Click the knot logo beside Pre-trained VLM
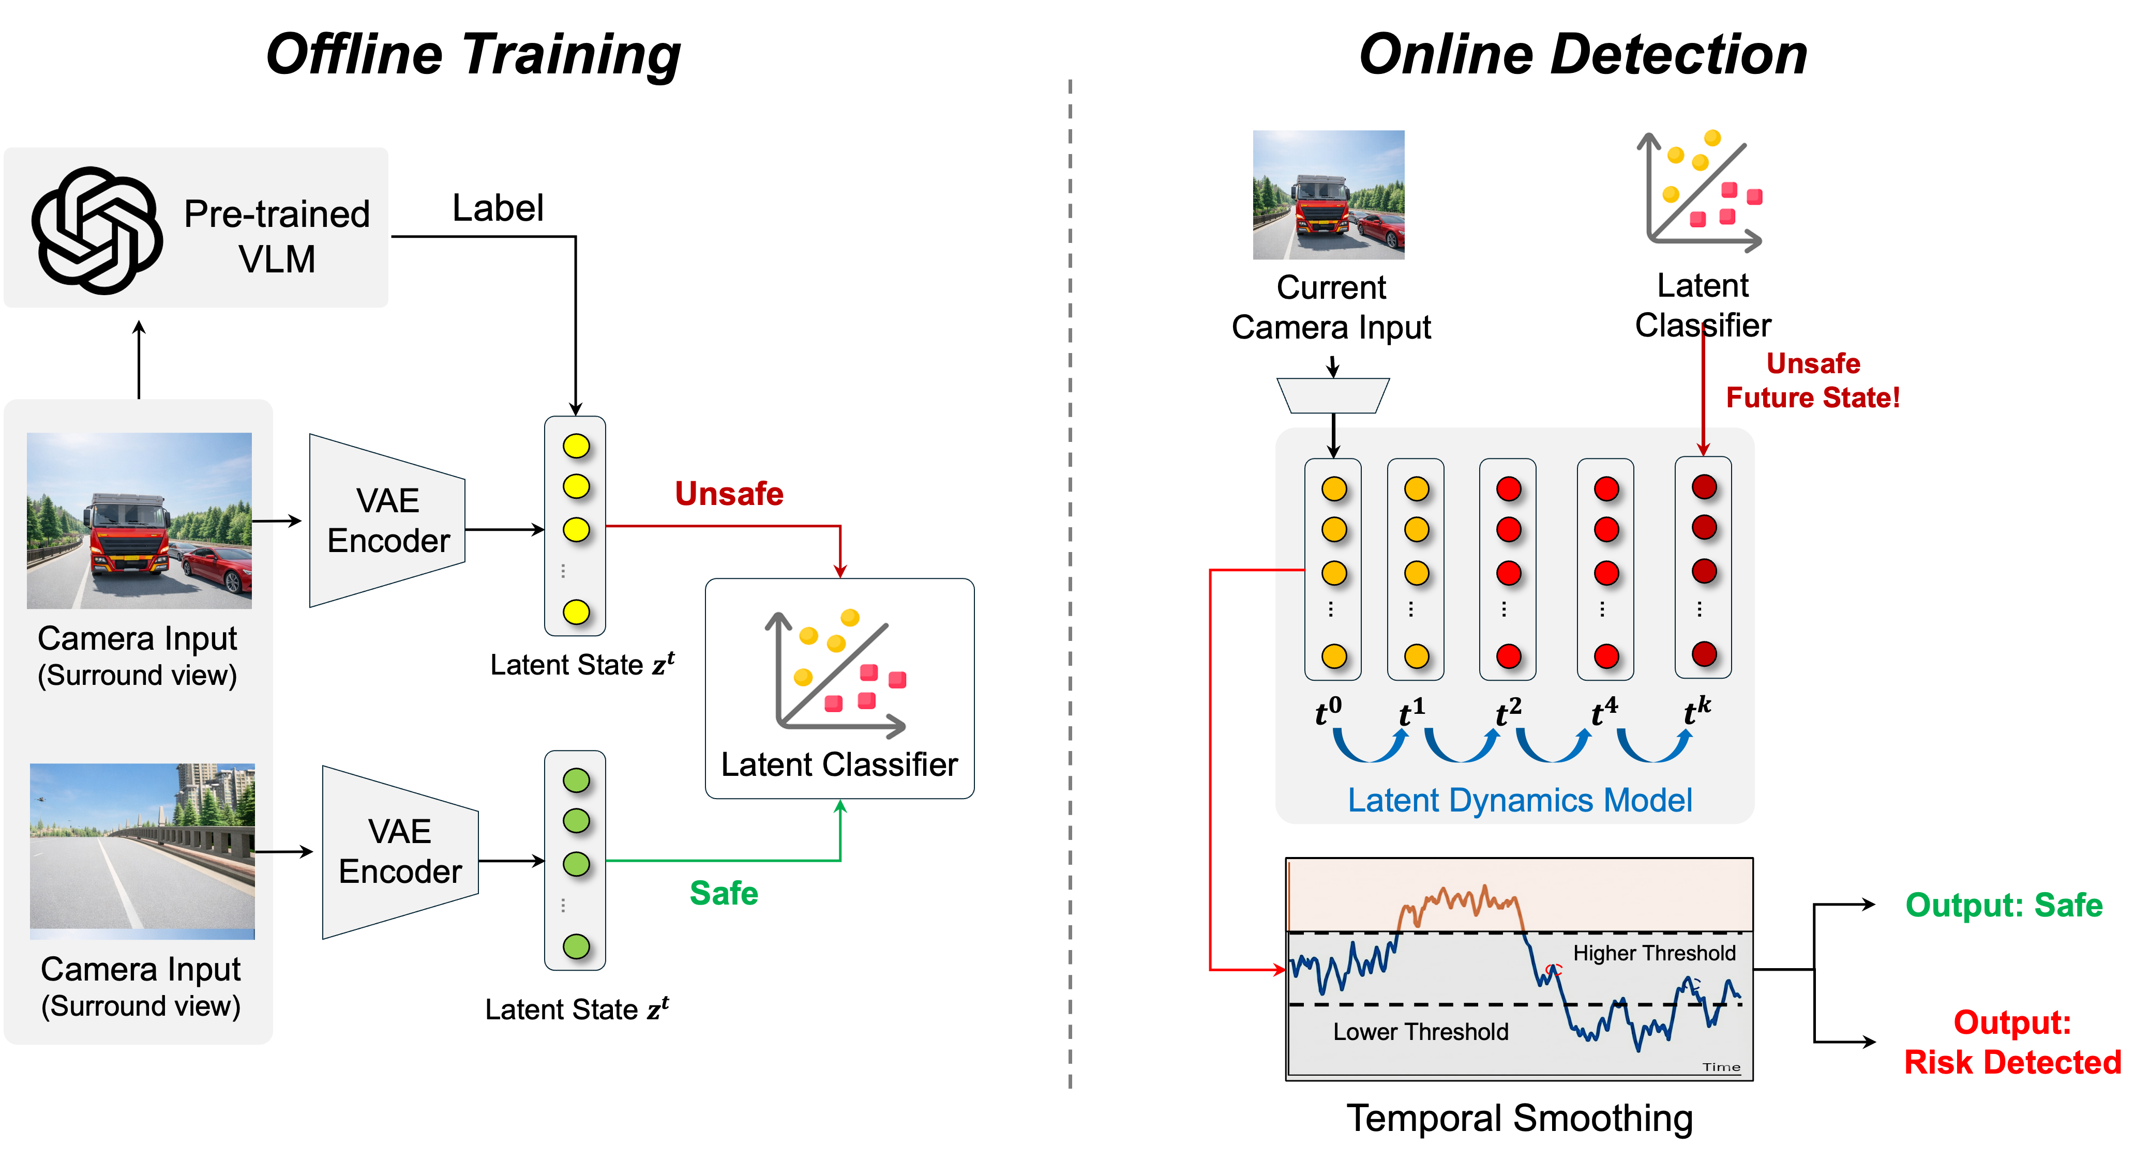click(97, 229)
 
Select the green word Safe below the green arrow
click(724, 893)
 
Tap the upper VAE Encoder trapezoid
click(387, 521)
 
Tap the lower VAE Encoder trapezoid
click(400, 852)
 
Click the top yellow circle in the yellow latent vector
click(576, 447)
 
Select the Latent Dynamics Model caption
click(1519, 800)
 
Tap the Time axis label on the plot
click(1721, 1067)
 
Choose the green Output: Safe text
click(2003, 905)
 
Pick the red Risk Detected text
click(2012, 1062)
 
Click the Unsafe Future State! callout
click(1812, 380)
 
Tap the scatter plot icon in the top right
click(1702, 188)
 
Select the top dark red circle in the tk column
click(1704, 487)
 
